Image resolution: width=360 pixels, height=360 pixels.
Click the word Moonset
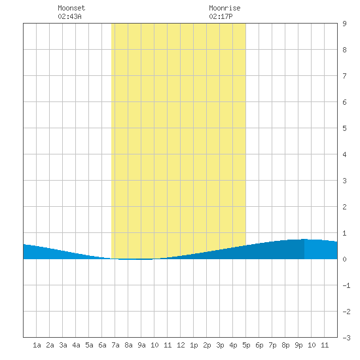71,8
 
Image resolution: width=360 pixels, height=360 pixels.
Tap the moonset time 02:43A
69,16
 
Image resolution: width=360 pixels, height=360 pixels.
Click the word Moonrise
225,8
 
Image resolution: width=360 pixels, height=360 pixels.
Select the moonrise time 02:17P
221,16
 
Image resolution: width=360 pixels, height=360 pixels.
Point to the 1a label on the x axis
37,345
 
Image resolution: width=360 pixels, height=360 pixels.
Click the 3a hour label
63,345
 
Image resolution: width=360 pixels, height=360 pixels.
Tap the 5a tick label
89,345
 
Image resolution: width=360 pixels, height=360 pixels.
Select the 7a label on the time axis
115,345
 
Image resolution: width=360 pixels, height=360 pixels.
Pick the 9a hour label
141,345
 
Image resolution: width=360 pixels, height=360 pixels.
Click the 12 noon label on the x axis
181,345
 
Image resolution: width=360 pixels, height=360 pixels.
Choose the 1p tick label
194,345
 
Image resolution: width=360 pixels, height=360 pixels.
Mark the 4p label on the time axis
233,345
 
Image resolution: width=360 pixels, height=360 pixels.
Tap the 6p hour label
259,345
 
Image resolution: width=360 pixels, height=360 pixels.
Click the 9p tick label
298,345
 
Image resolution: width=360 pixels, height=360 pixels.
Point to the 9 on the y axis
344,24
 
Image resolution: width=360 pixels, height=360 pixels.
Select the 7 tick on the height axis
344,76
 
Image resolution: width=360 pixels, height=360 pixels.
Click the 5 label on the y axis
344,128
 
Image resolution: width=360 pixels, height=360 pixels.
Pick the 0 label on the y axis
344,259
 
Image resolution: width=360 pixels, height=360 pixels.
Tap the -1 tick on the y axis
346,285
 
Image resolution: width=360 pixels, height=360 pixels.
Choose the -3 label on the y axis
346,338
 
